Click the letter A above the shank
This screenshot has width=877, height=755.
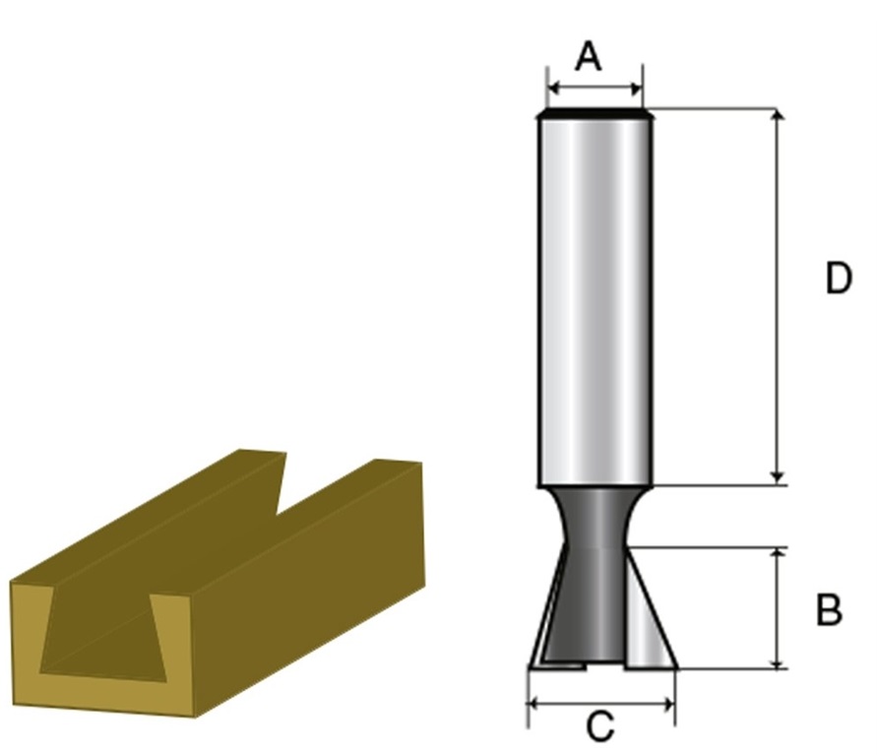[589, 56]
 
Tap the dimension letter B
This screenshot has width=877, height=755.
[829, 609]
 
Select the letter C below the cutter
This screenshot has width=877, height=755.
[600, 726]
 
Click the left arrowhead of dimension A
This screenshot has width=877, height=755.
[555, 88]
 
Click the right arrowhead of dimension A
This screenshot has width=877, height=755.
[636, 88]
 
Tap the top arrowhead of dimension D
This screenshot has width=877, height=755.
[778, 115]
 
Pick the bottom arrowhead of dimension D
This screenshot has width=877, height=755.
[777, 477]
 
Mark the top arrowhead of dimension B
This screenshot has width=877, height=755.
[778, 555]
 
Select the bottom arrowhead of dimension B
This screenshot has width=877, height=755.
[778, 661]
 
